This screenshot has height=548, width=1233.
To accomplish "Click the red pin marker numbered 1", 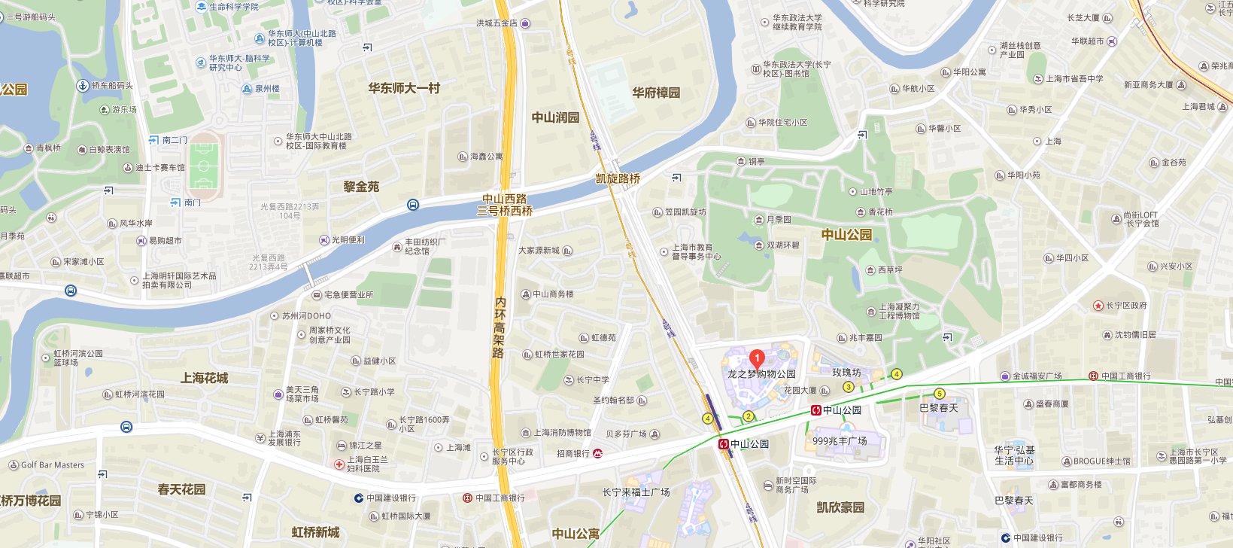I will point(758,358).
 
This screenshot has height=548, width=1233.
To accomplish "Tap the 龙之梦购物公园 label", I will point(761,373).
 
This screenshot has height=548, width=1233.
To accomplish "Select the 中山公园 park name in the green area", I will point(846,234).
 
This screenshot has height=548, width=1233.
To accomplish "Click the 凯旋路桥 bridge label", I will point(618,178).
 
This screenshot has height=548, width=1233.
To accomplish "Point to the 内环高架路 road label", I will point(500,327).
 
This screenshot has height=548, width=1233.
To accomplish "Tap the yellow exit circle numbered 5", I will point(939,394).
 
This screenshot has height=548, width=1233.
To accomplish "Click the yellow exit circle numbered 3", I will point(849,387).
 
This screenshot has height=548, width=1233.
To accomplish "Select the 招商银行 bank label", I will point(573,453).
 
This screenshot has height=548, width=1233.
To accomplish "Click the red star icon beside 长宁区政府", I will point(1098,306).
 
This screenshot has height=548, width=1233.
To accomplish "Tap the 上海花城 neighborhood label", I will point(204,378).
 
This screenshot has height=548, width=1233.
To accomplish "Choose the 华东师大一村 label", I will point(404,88).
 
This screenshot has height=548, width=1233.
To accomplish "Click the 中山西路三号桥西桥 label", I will point(505,205).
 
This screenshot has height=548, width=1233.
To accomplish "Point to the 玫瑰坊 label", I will point(846,373).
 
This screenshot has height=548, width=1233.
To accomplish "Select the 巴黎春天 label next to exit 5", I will point(939,408).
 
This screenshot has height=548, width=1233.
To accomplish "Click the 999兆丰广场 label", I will point(840,441).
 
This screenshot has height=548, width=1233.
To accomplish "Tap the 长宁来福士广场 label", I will point(636,492).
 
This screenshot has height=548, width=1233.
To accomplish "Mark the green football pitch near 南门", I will point(204,166).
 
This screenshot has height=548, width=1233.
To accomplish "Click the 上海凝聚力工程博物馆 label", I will point(899,311).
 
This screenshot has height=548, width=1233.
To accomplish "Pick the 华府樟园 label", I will point(656,93).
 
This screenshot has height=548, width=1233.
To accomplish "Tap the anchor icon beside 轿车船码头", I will point(84,86).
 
